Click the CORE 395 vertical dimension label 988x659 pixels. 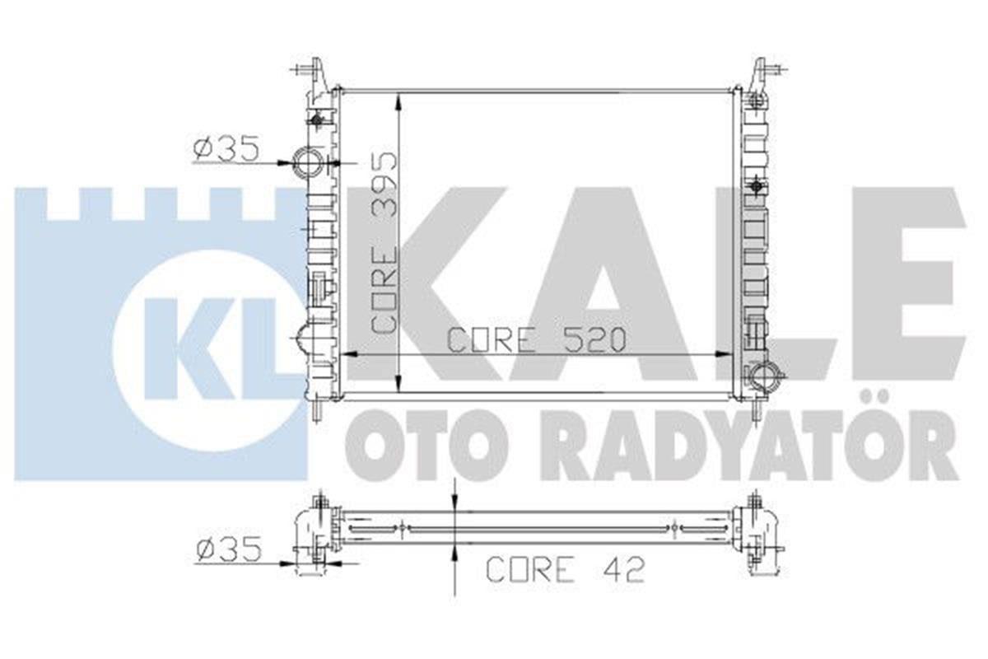pyautogui.click(x=385, y=243)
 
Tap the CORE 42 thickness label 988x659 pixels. pyautogui.click(x=565, y=568)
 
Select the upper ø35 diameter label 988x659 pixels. pyautogui.click(x=226, y=149)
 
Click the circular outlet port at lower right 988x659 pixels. pyautogui.click(x=765, y=378)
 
